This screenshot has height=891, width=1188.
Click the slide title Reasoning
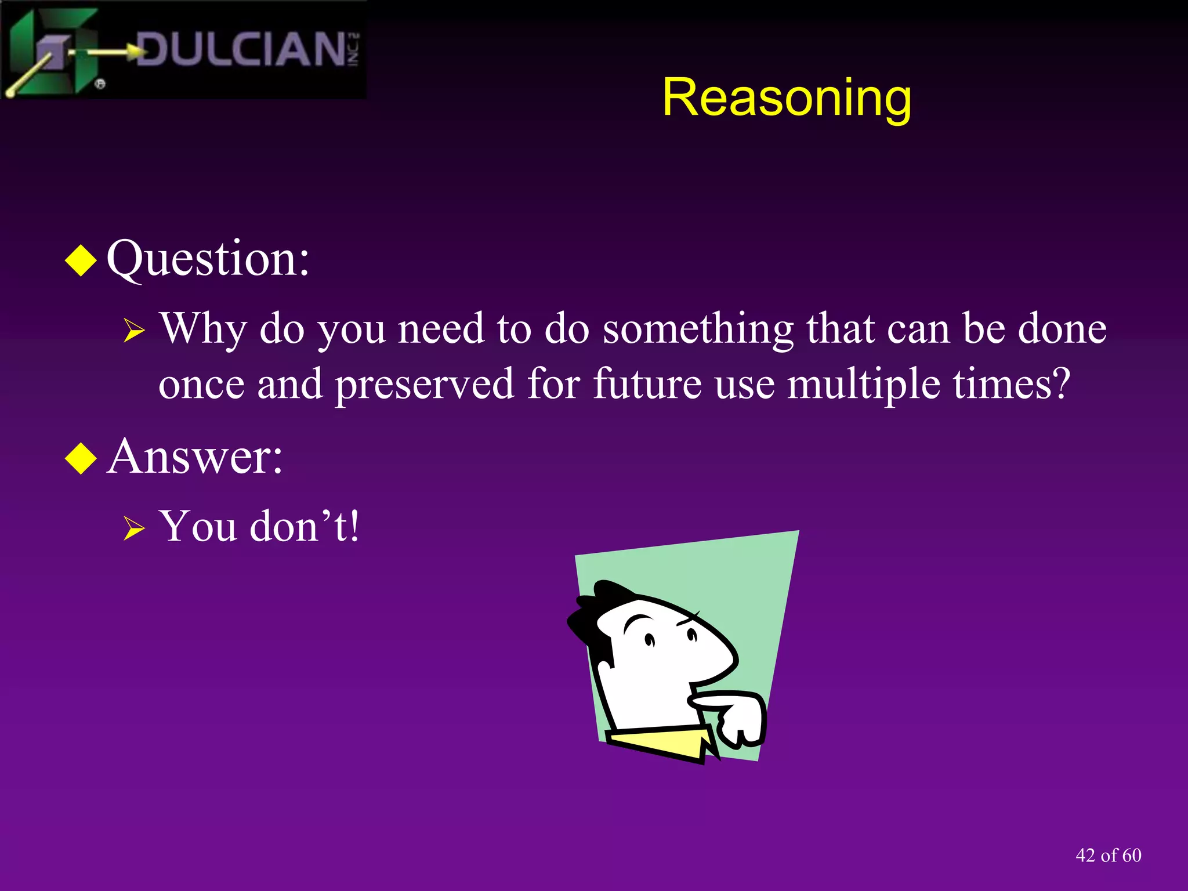tap(787, 97)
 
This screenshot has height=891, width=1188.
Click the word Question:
tap(208, 258)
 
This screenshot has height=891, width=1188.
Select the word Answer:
tap(195, 457)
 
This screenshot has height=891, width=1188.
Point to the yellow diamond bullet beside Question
tap(81, 260)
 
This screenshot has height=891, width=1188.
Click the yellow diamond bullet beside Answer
tap(81, 458)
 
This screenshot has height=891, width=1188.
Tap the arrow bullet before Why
tap(134, 331)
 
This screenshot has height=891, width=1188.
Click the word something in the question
tap(698, 329)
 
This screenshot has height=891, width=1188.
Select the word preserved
tap(425, 385)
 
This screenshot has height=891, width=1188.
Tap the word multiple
tap(863, 385)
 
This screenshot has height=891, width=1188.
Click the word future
tap(647, 383)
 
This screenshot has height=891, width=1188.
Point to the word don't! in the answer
tap(305, 526)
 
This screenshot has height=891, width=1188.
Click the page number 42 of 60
tap(1108, 855)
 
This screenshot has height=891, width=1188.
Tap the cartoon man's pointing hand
tap(737, 716)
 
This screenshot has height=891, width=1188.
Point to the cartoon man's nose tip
tap(736, 658)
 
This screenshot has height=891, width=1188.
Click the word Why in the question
tap(203, 329)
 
